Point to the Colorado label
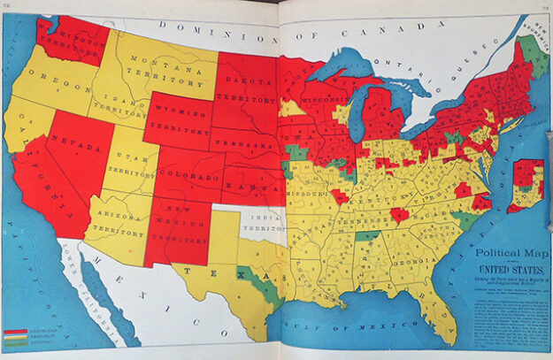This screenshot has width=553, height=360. click(x=190, y=177)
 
